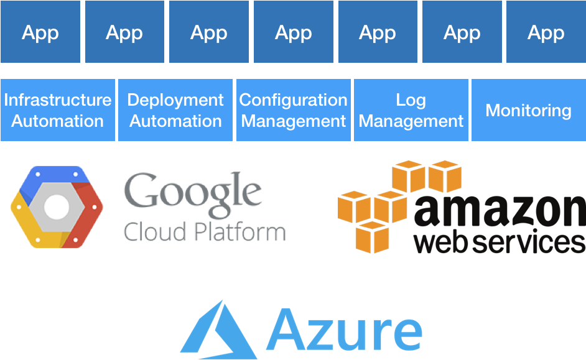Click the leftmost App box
40,32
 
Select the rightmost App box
546,32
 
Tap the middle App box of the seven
293,32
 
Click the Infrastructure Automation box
58,110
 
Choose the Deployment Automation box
175,110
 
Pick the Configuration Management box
293,110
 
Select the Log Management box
411,110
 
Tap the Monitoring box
528,110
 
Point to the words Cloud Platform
204,232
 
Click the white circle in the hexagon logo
57,206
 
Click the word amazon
498,211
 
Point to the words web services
498,242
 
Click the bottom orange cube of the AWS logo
372,236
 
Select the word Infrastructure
58,100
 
